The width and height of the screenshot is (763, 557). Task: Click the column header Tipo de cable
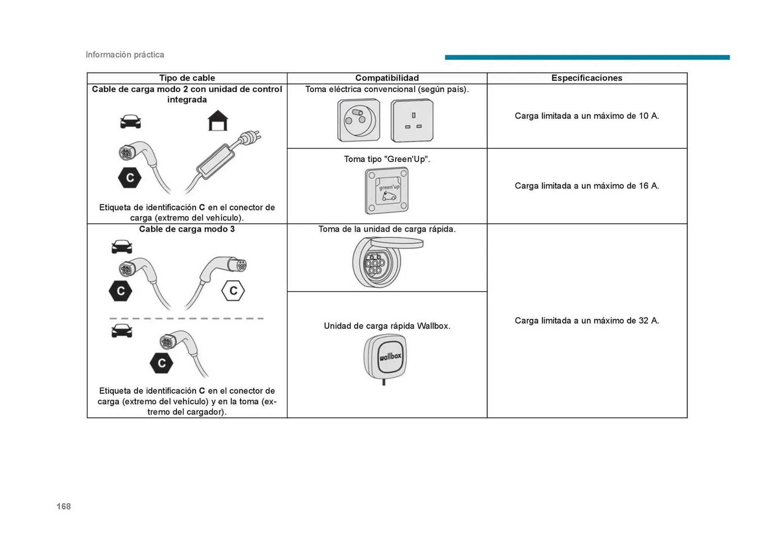[187, 78]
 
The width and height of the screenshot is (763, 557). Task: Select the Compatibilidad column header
[387, 78]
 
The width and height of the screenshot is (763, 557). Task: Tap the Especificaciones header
[587, 78]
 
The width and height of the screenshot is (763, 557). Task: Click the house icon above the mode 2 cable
[218, 121]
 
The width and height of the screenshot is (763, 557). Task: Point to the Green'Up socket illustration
[387, 191]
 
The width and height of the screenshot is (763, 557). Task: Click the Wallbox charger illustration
[385, 357]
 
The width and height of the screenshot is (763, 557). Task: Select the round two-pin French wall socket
[358, 120]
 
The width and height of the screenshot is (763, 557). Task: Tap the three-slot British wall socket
[412, 120]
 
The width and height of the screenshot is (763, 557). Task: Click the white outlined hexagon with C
[233, 291]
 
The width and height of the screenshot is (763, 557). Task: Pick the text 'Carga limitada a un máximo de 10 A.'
[587, 116]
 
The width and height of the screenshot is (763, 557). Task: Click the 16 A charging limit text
[587, 186]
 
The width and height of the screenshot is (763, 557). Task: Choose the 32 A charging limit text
[587, 321]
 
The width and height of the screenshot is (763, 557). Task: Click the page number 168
[64, 506]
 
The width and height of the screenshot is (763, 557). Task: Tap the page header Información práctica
[125, 55]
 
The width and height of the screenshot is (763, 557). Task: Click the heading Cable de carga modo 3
[187, 229]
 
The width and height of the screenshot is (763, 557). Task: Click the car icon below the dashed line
[122, 331]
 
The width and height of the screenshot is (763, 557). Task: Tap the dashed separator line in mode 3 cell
[186, 318]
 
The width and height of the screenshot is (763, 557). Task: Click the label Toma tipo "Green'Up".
[387, 159]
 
